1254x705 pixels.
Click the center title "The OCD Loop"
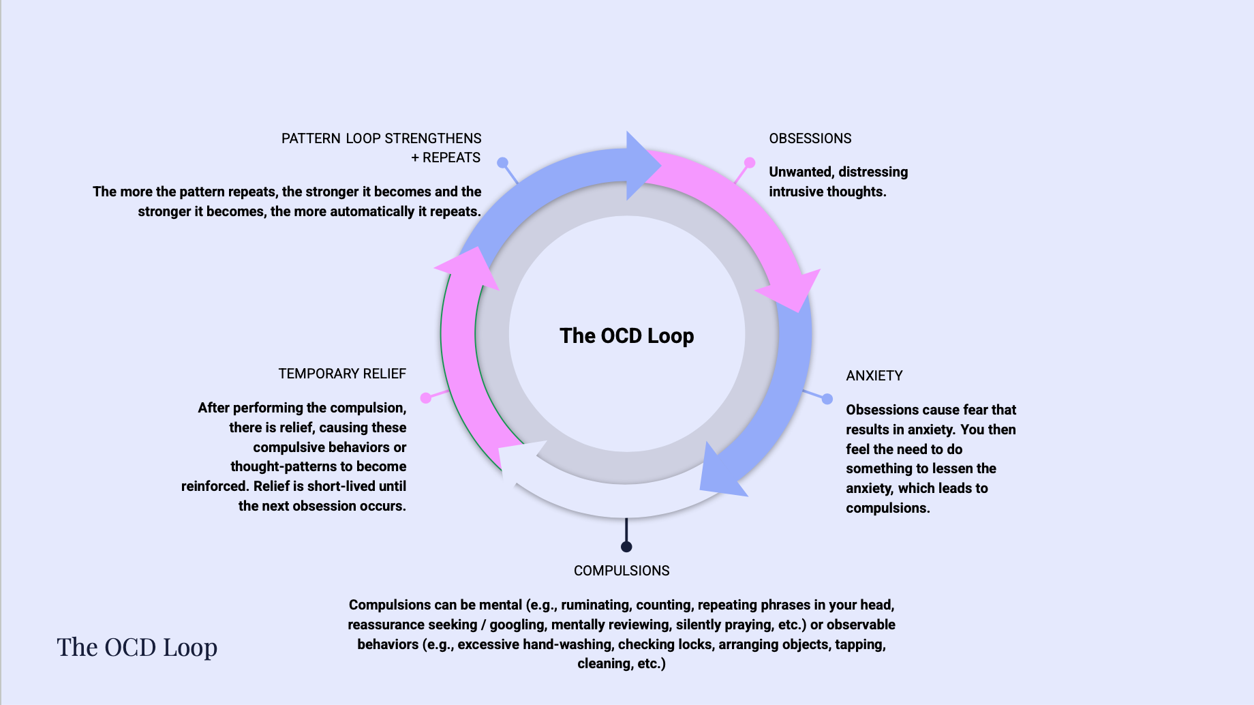click(x=626, y=336)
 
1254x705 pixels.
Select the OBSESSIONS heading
click(x=810, y=138)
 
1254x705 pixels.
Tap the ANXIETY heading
click(x=874, y=376)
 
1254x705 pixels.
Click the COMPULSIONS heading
click(x=621, y=571)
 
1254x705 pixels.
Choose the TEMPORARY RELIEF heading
click(x=342, y=374)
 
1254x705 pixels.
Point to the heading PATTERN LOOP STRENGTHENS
click(x=381, y=138)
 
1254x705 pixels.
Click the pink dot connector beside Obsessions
click(x=750, y=162)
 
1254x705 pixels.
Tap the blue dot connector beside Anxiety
click(x=827, y=399)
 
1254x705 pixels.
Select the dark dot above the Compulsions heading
click(x=626, y=547)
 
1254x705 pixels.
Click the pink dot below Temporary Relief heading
click(x=426, y=397)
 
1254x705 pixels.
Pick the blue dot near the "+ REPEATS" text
click(x=502, y=162)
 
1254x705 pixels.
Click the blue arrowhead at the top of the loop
click(x=641, y=166)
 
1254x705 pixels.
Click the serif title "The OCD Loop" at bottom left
click(x=137, y=647)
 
